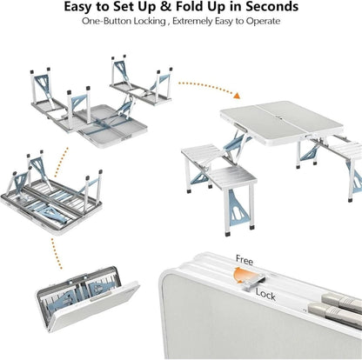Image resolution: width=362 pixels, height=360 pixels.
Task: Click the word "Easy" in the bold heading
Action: point(84,8)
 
